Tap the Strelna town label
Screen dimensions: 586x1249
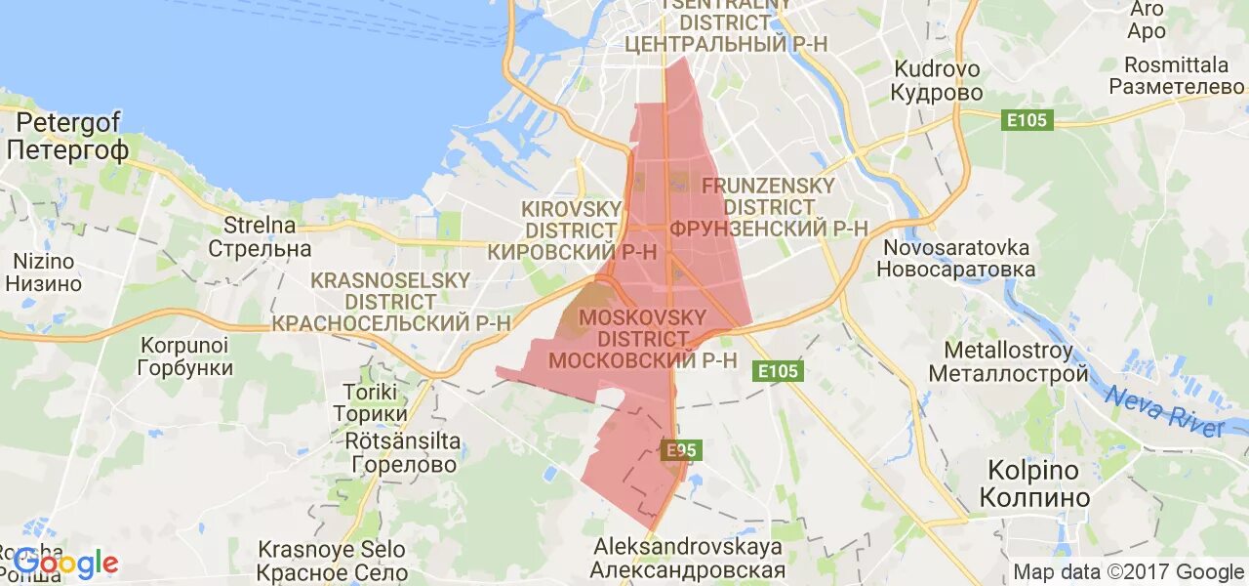pos(260,236)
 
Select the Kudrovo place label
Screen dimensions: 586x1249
pos(938,81)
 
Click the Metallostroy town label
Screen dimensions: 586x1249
pos(1008,361)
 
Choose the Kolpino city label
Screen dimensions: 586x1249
pos(1033,483)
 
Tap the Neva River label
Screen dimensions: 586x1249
pos(1164,410)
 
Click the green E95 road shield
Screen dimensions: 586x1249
pos(680,450)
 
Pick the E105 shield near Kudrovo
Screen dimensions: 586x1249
pos(1027,120)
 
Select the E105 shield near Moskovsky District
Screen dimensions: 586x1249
pos(778,371)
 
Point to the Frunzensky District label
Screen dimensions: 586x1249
pos(768,207)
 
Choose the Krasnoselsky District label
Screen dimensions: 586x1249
pos(390,302)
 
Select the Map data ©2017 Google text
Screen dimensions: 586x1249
pos(1128,572)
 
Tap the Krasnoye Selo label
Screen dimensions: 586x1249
pos(333,562)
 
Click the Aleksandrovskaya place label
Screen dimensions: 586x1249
pos(688,559)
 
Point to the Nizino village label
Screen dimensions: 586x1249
pos(43,272)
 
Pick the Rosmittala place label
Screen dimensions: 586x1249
pos(1176,75)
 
